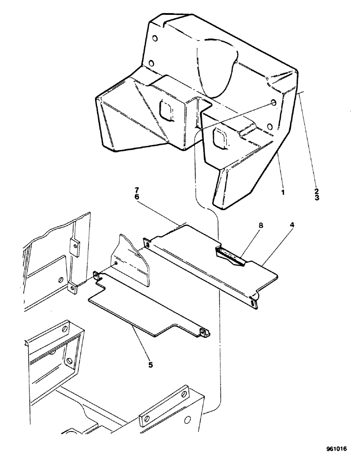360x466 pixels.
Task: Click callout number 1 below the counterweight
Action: point(282,191)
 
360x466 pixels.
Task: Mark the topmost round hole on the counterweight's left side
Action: point(155,38)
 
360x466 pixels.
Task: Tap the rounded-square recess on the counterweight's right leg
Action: point(219,137)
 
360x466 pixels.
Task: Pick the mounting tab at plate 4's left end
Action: point(147,243)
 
